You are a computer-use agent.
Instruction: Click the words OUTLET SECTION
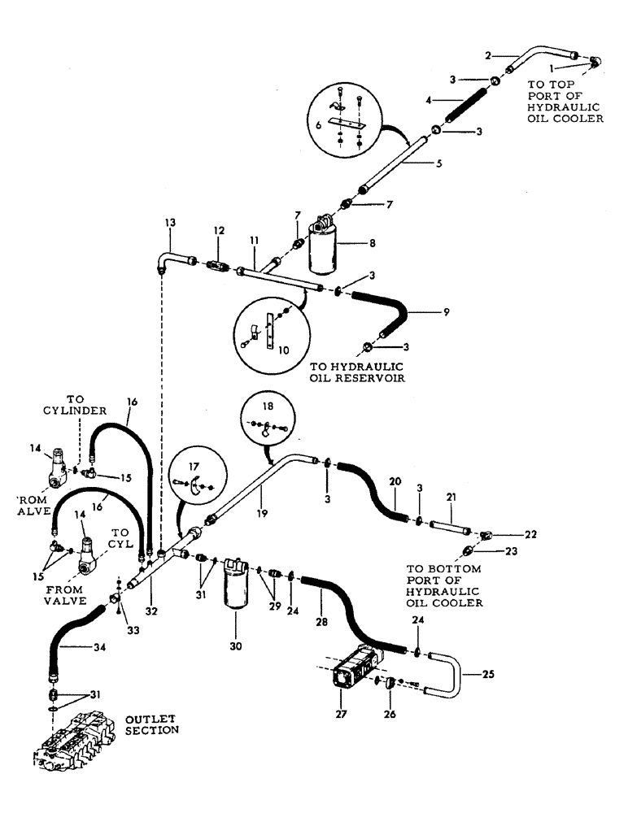click(151, 724)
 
